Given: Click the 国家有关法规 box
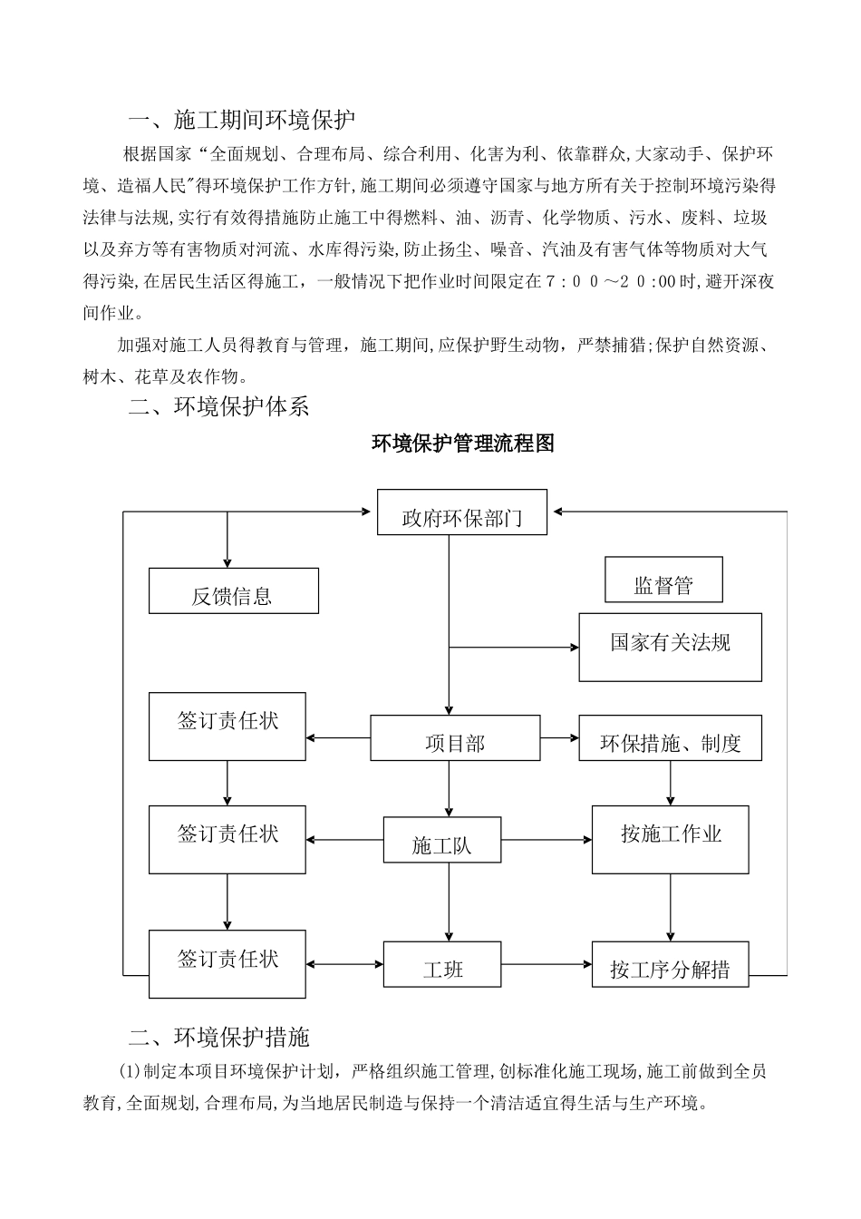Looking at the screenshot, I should point(670,647).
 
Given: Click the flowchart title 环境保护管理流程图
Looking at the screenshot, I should point(463,444).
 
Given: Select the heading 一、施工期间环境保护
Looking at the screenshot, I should point(242,120).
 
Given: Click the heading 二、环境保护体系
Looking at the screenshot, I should point(219,406).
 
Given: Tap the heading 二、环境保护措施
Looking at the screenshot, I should point(219,1036).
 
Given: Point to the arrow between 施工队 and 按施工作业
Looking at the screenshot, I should point(546,840).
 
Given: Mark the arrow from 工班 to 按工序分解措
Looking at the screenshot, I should point(546,964).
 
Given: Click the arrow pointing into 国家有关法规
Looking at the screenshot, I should point(514,648).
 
